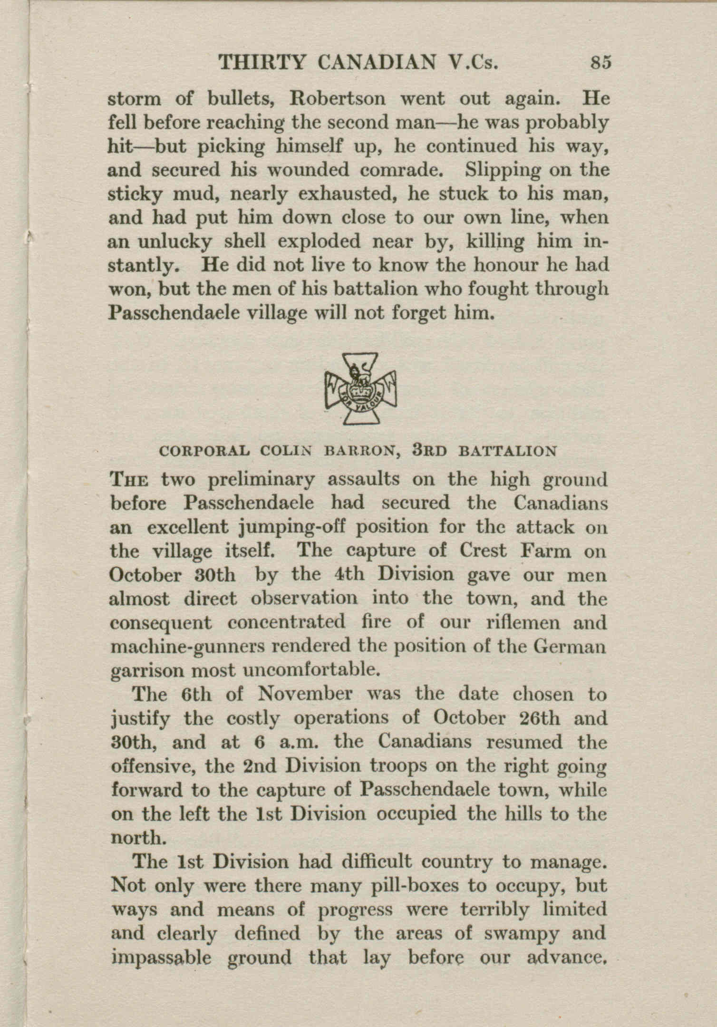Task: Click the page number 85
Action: (600, 63)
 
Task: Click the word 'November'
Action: (304, 695)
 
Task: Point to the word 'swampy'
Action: (519, 934)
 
